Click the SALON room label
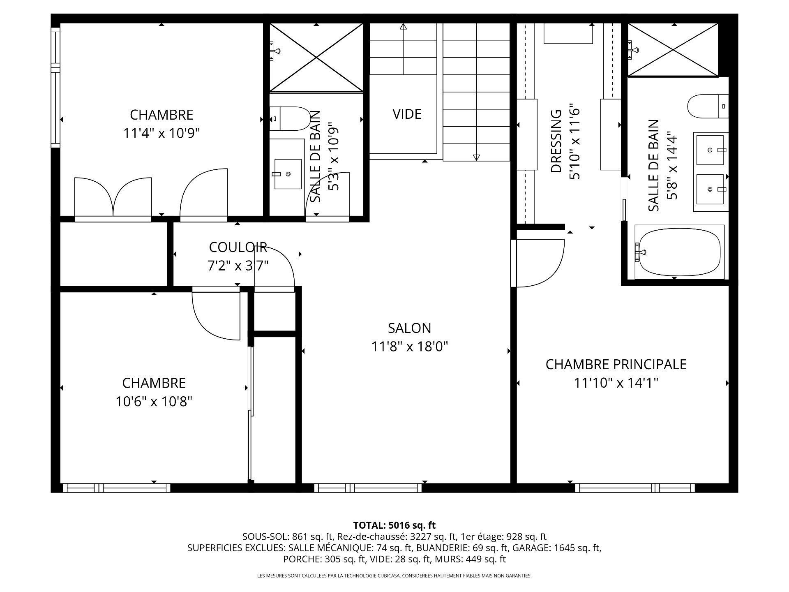coord(409,328)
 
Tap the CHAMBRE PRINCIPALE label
coord(616,364)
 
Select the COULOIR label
coord(238,247)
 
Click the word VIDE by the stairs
coord(407,114)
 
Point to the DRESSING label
coord(556,141)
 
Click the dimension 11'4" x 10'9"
coord(161,133)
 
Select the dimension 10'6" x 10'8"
coord(154,401)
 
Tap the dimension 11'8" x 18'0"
coord(410,347)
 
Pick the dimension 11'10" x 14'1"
coord(616,383)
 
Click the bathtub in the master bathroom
coord(679,252)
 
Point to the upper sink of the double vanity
coord(709,150)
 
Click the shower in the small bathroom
coord(316,58)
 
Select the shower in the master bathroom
coord(673,50)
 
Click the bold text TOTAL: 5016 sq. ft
coord(394,525)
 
